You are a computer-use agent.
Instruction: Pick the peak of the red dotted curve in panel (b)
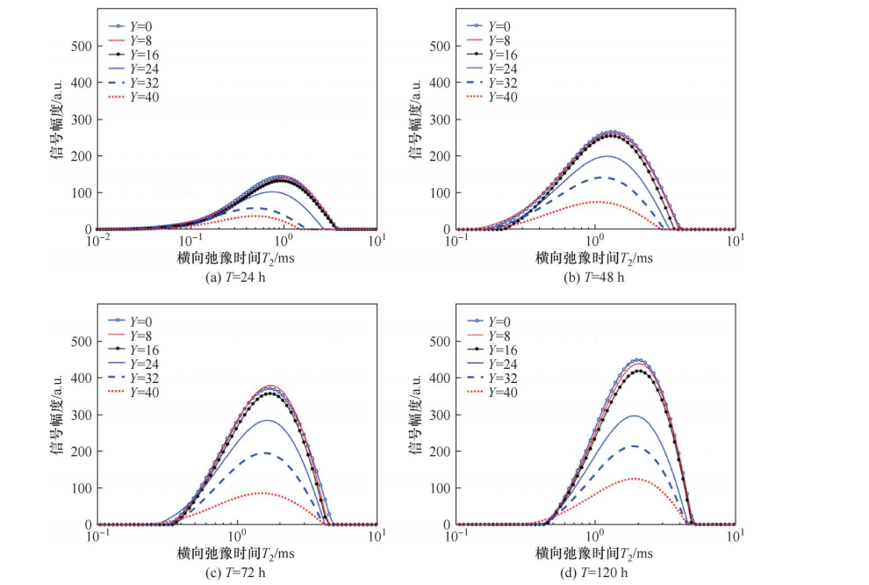(597, 201)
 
